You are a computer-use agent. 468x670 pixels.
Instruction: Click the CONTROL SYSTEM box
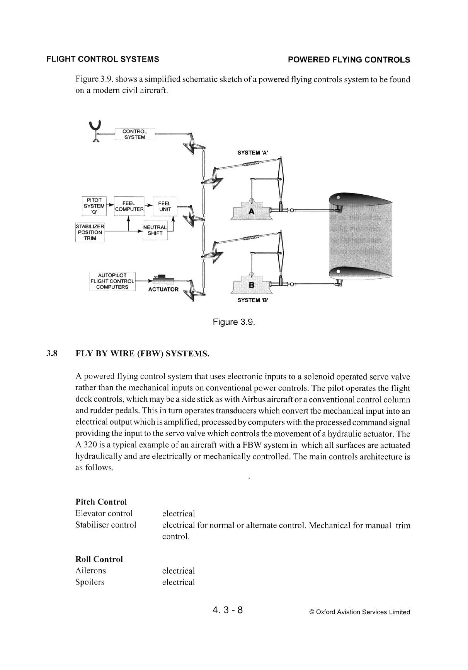[134, 135]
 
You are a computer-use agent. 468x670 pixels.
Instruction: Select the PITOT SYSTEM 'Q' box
[94, 206]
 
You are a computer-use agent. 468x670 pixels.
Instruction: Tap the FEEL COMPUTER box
[129, 206]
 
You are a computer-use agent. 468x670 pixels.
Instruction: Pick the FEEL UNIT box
[165, 206]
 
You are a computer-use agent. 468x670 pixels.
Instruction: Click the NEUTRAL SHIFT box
[155, 230]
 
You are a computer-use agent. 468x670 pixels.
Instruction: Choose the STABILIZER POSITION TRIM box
[90, 232]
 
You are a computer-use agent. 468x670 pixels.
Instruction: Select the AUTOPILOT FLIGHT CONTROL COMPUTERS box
[112, 281]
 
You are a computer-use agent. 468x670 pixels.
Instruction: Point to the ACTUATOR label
[163, 289]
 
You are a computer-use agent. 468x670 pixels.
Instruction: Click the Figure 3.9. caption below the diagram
[234, 322]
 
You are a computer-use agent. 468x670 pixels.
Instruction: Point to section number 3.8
[52, 354]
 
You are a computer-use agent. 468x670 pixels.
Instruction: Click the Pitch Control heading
[101, 502]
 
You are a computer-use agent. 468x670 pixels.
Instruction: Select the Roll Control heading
[99, 559]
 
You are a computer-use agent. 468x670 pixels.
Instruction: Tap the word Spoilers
[90, 582]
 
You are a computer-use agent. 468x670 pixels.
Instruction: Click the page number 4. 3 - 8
[228, 610]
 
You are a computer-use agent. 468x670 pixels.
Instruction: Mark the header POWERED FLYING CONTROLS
[348, 60]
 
